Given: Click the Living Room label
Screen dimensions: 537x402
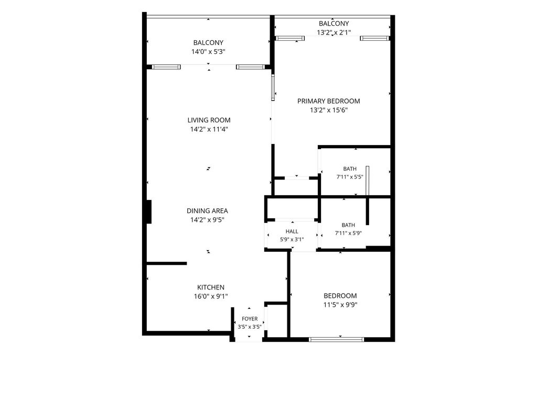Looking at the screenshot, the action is click(209, 120).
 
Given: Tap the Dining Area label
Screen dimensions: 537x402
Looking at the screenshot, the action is click(207, 211).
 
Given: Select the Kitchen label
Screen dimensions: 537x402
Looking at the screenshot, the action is click(211, 287).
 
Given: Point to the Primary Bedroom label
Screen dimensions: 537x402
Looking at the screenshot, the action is click(328, 101).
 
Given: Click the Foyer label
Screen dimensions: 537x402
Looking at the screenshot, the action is click(250, 319).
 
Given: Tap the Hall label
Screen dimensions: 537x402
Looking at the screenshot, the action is click(292, 231).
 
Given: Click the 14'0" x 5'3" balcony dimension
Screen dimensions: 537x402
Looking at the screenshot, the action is click(208, 52).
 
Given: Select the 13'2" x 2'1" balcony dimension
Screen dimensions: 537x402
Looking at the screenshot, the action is click(334, 33).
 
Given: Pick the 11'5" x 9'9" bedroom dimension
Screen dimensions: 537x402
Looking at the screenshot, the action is click(340, 305).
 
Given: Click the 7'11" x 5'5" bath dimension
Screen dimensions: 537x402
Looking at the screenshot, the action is click(350, 177).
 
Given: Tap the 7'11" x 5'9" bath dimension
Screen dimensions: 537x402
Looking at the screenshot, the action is click(348, 233).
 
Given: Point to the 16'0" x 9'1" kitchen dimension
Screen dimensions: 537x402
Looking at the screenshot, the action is click(211, 297).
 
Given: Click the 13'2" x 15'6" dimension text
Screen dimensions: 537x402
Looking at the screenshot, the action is click(328, 110).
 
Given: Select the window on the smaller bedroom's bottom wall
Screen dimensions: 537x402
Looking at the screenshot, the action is click(336, 339).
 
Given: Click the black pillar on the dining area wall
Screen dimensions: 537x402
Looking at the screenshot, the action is click(149, 212).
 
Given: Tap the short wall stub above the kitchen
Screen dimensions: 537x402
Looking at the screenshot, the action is click(167, 263).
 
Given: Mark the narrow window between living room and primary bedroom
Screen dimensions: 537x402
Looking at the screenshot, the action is click(273, 87).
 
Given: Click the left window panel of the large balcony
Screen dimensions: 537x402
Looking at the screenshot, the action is click(166, 67).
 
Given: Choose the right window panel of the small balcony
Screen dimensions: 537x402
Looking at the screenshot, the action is click(374, 38).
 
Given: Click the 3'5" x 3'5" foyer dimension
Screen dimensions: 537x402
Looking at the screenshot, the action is click(250, 327).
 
